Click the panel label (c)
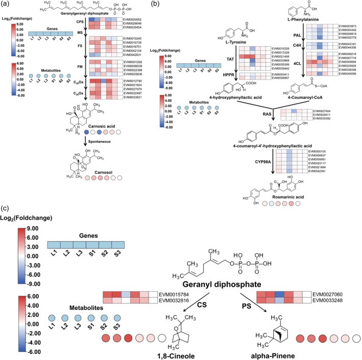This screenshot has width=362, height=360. pyautogui.click(x=7, y=210)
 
